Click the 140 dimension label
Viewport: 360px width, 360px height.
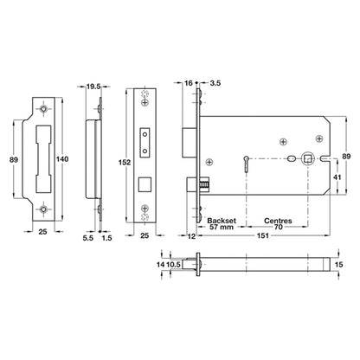(62, 159)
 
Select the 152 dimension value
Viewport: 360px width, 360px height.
(125, 163)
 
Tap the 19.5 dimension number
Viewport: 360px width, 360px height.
(93, 87)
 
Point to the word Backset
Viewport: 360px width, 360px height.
(222, 221)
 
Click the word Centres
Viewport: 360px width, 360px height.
(278, 221)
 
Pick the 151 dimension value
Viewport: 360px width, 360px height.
(263, 235)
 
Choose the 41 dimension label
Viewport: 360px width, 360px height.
(337, 177)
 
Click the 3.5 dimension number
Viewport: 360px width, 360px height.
(215, 83)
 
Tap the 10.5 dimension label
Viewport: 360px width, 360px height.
(173, 264)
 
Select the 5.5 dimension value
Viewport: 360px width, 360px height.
(88, 238)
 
